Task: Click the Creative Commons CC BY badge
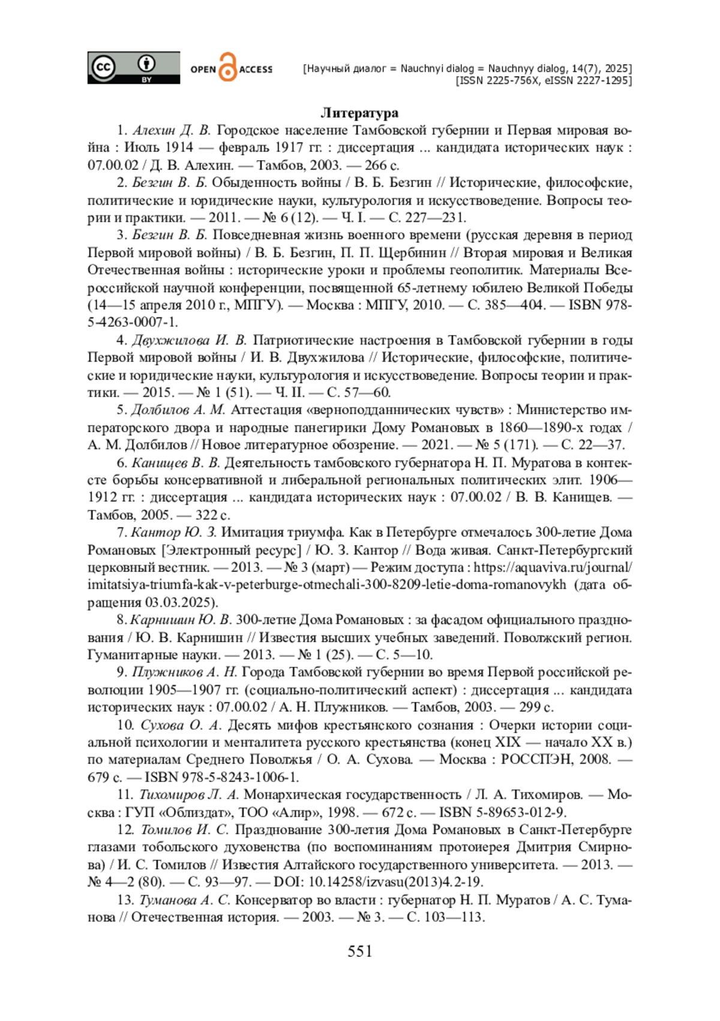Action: [133, 68]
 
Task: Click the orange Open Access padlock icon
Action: [228, 68]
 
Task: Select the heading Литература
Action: [359, 113]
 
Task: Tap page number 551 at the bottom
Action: [360, 951]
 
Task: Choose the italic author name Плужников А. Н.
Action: [185, 672]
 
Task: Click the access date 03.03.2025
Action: [181, 603]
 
